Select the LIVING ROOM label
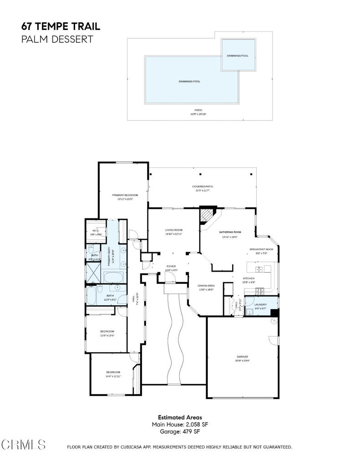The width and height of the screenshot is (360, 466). [173, 230]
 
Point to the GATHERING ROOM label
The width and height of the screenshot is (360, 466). [230, 232]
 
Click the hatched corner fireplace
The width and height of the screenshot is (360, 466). [208, 215]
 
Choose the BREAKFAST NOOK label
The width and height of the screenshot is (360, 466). [261, 249]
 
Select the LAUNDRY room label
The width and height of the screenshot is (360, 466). [260, 304]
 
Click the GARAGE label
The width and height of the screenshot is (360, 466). [242, 356]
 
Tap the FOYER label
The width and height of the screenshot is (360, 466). [171, 267]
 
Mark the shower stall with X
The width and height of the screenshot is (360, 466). [93, 273]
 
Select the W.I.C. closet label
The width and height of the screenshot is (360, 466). [96, 231]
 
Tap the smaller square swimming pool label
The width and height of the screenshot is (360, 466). [238, 56]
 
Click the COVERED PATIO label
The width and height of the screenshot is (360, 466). [203, 187]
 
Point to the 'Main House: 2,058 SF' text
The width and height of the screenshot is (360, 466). [180, 424]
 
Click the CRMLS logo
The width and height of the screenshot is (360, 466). [24, 444]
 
